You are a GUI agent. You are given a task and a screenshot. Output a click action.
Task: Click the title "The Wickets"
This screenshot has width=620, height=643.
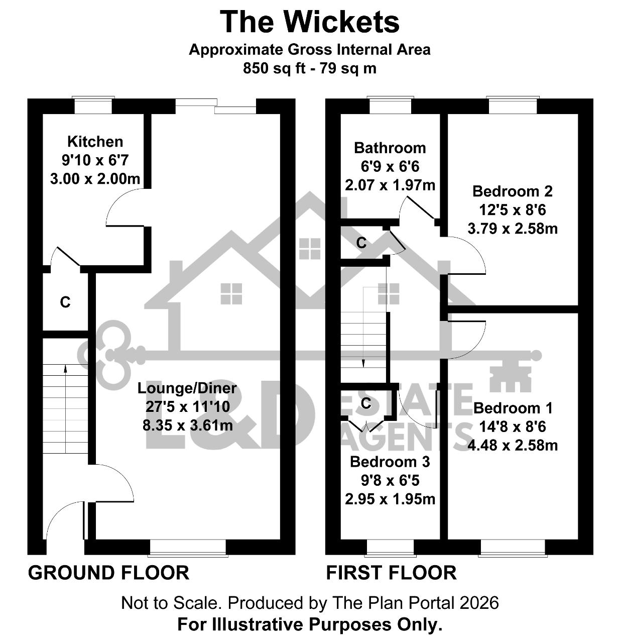point(309,22)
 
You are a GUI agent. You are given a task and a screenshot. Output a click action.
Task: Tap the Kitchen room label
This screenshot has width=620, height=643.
point(95,142)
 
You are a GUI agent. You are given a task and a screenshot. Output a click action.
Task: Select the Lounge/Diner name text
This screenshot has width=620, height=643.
point(187,388)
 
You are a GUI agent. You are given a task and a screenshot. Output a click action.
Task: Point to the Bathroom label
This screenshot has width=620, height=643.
point(390,148)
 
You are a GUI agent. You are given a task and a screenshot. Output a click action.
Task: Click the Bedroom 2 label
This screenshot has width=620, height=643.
point(513,191)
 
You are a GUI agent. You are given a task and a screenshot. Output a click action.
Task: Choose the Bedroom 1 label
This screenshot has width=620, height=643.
point(513,408)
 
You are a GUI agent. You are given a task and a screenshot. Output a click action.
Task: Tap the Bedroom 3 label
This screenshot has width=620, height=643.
point(390,462)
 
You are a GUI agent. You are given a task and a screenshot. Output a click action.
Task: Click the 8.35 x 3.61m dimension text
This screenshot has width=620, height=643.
point(188,425)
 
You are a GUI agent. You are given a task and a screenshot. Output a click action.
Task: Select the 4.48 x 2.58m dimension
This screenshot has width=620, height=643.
point(513,446)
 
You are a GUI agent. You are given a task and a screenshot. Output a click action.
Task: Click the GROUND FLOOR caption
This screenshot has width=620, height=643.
point(108,573)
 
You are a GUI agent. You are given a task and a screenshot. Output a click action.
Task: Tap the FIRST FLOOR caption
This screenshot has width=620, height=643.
point(391,573)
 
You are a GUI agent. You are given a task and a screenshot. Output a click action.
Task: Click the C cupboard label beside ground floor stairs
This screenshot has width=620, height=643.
point(65,302)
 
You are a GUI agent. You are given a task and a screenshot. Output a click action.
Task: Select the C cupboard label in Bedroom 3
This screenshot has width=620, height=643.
point(366,403)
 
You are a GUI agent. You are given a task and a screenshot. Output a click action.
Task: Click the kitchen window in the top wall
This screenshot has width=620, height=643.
point(93,105)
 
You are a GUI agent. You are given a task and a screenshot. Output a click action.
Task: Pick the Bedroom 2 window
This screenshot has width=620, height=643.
point(513,105)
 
